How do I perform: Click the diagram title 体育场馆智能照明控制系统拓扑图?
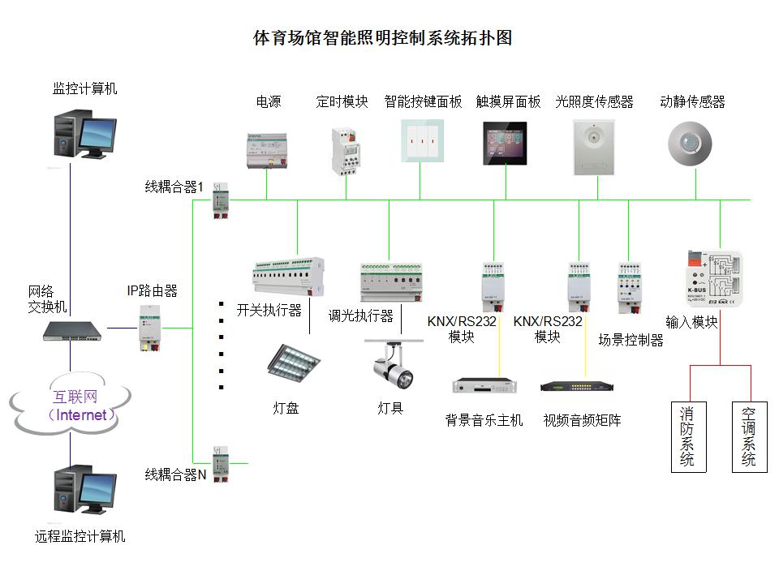pos(383,38)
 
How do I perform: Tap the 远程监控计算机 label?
pos(80,536)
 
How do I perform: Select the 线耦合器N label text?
pos(176,474)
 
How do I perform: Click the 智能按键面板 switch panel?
pos(422,141)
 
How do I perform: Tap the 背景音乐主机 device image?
pos(484,386)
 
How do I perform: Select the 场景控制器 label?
pos(631,340)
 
